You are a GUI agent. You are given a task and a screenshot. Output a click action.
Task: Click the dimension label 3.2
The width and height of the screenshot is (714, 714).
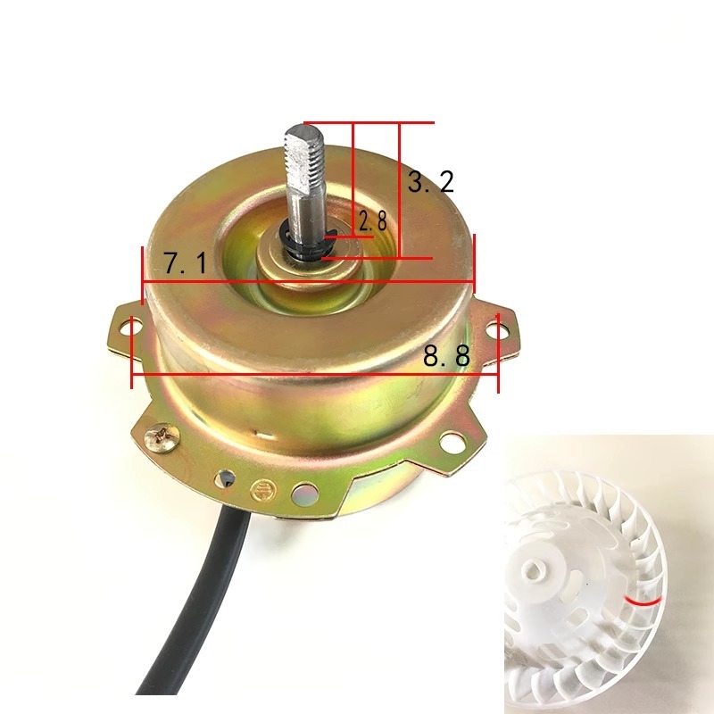[431, 182]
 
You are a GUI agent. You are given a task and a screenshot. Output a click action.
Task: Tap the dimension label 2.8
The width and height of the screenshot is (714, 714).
[373, 221]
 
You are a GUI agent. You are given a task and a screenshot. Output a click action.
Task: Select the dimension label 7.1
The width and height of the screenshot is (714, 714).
[185, 263]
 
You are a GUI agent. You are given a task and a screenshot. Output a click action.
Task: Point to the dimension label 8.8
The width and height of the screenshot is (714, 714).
[446, 356]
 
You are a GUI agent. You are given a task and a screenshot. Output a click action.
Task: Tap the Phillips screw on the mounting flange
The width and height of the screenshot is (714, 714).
[162, 437]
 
